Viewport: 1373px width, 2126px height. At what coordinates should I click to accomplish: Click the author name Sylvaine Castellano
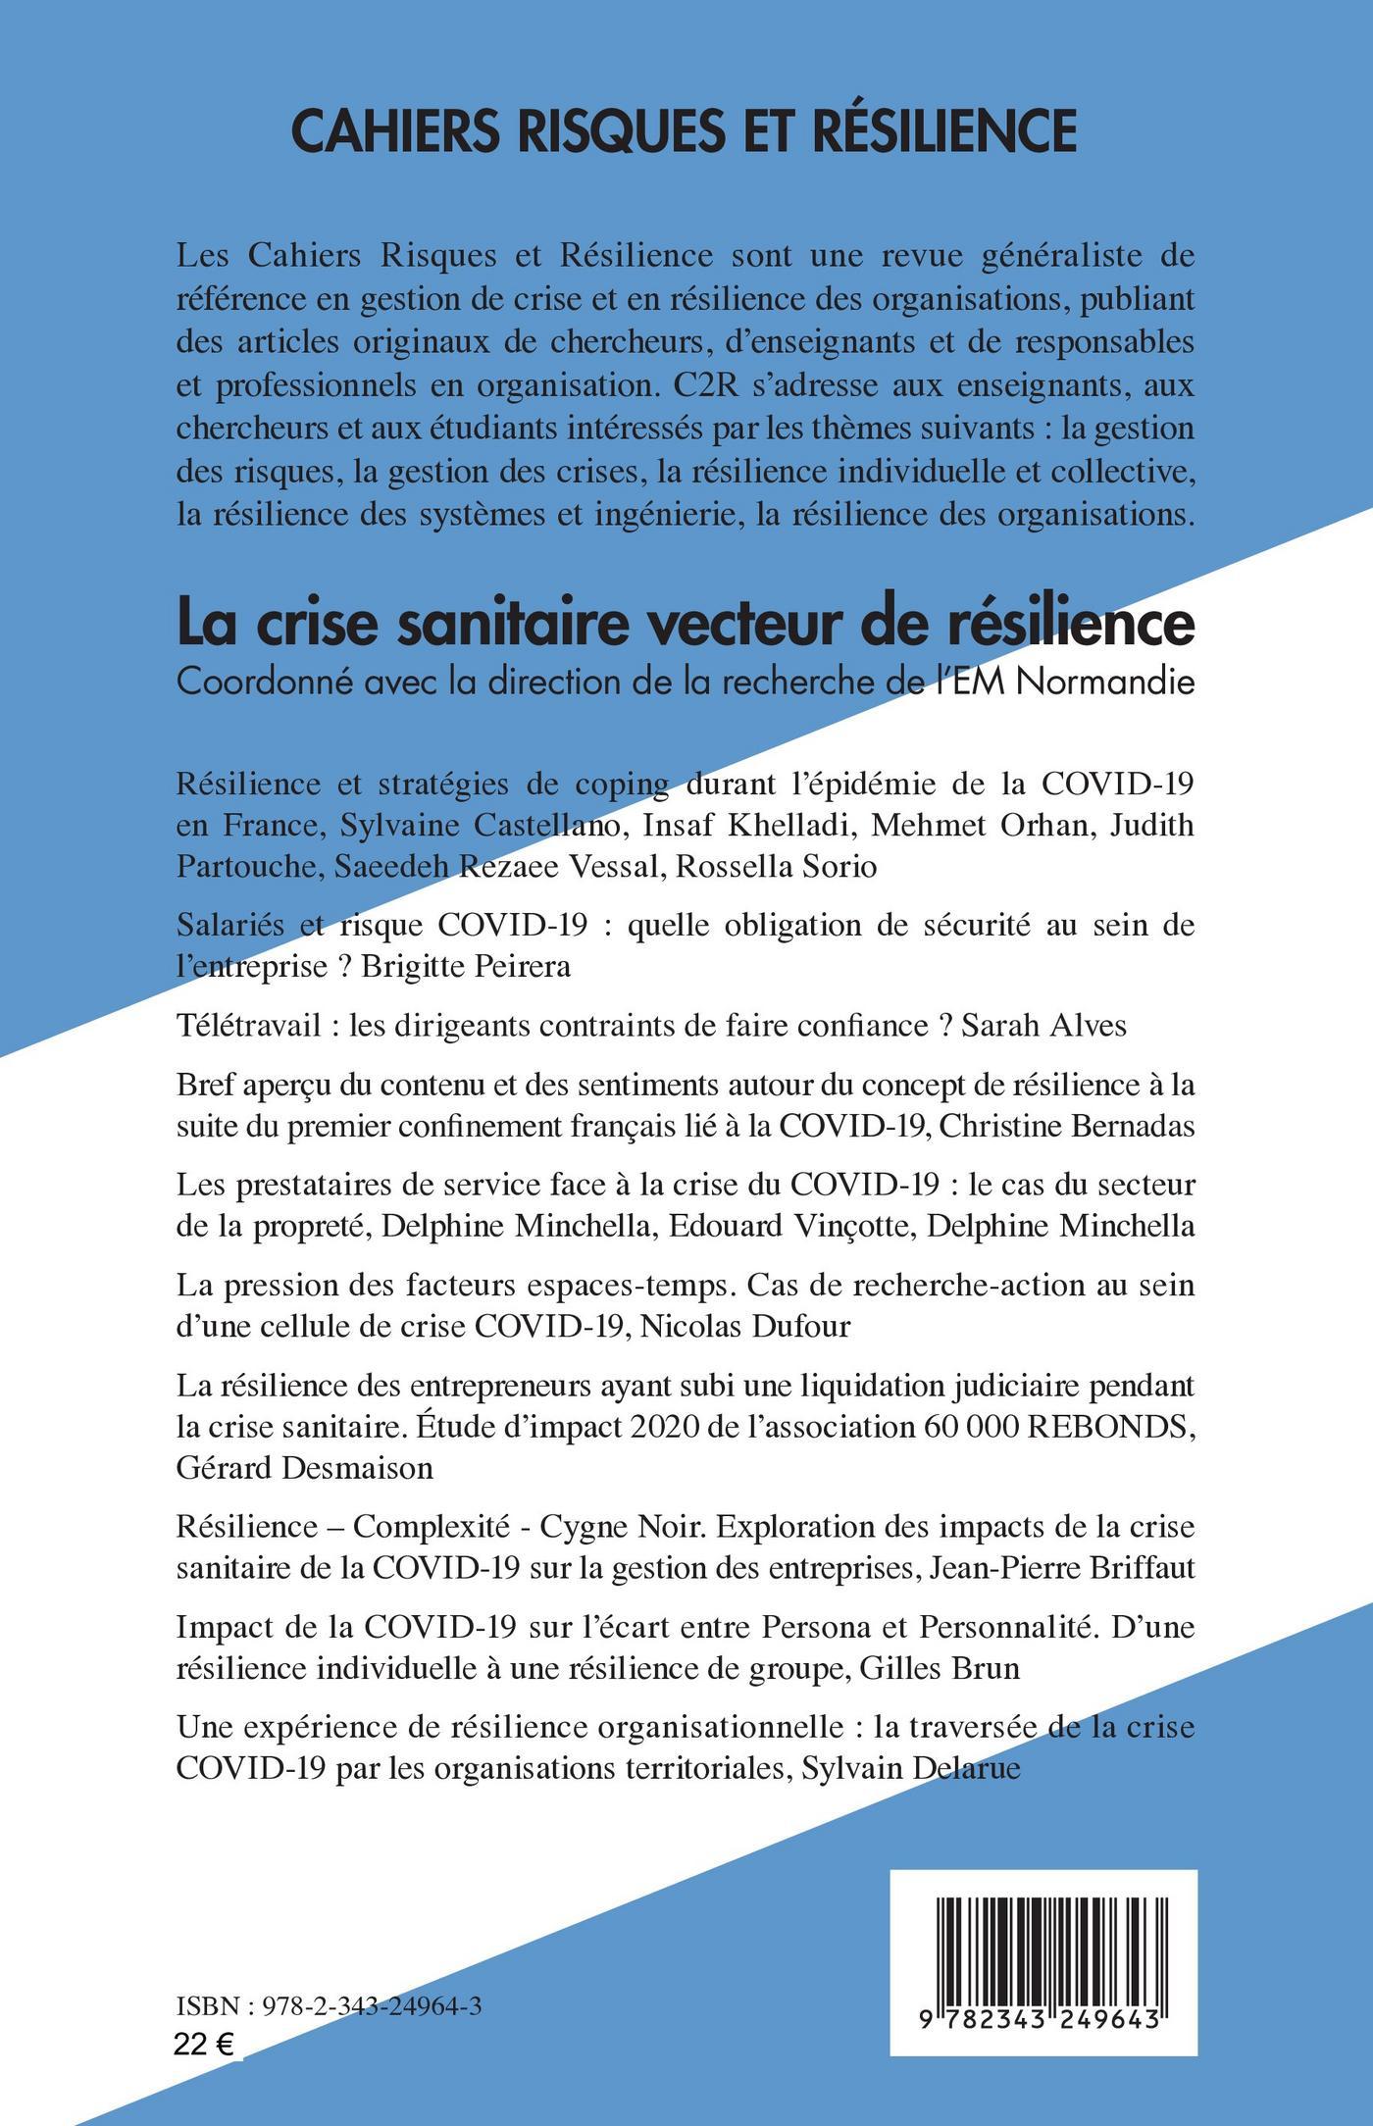pyautogui.click(x=482, y=825)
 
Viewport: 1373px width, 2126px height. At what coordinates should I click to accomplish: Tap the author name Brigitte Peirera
pyautogui.click(x=466, y=967)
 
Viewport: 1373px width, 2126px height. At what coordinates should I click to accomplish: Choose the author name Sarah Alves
pyautogui.click(x=1044, y=1026)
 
